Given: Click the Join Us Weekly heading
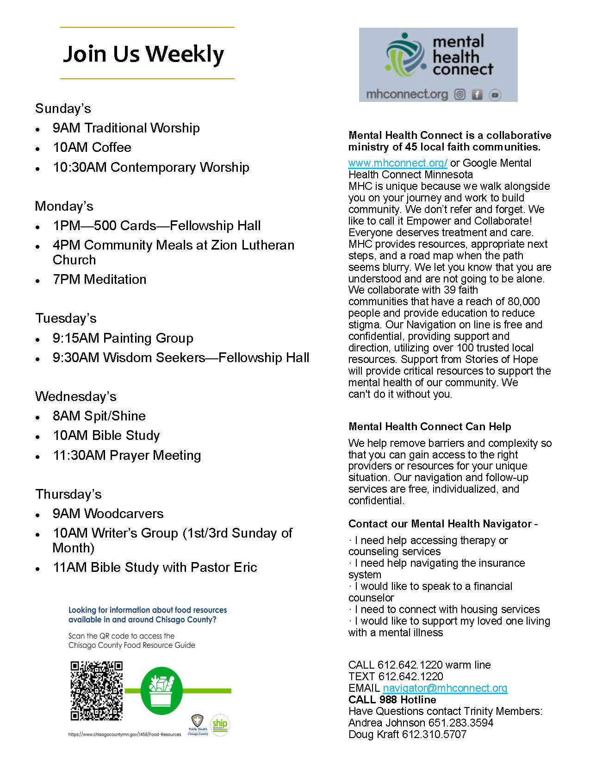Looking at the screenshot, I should pyautogui.click(x=143, y=54).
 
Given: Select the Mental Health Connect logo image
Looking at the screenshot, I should pyautogui.click(x=438, y=64).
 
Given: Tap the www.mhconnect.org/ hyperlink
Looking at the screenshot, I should pyautogui.click(x=397, y=163).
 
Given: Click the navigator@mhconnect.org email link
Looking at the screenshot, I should pyautogui.click(x=445, y=688).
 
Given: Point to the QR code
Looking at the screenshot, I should pyautogui.click(x=96, y=690).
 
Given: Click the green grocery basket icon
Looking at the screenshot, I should pyautogui.click(x=161, y=690).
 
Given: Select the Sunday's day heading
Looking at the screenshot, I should pyautogui.click(x=63, y=108).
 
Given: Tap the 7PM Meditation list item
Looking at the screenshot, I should pyautogui.click(x=99, y=279).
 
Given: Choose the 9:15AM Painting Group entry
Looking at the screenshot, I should pyautogui.click(x=123, y=338).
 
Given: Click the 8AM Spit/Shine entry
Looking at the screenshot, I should pyautogui.click(x=99, y=416).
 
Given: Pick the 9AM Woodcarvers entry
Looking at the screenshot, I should pyautogui.click(x=108, y=514).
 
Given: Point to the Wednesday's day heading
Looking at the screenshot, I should pyautogui.click(x=75, y=396).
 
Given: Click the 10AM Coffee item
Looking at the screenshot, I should pyautogui.click(x=92, y=147).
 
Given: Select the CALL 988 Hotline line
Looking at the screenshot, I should pyautogui.click(x=392, y=700).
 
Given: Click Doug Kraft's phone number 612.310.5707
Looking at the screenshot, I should pyautogui.click(x=434, y=734).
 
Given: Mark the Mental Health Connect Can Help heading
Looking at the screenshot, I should pyautogui.click(x=429, y=426).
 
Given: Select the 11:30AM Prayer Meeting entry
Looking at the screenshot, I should pyautogui.click(x=127, y=455).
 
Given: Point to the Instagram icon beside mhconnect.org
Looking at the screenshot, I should pyautogui.click(x=460, y=94).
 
